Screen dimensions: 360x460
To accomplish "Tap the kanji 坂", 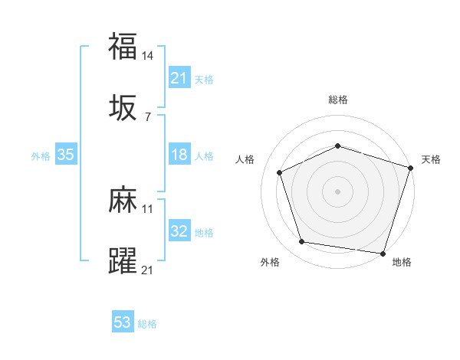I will [x=123, y=108].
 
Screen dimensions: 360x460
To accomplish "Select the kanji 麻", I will [x=123, y=201].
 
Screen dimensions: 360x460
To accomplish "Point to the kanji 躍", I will [x=123, y=261].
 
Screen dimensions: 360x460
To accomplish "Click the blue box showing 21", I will [x=179, y=77].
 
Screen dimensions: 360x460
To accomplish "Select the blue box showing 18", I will [x=179, y=155].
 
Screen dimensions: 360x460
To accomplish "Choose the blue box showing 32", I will [x=179, y=231].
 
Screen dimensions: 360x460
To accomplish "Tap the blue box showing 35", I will [x=66, y=155].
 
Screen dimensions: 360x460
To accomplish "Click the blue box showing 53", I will [x=123, y=322].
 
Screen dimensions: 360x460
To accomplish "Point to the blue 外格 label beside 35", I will [x=41, y=155].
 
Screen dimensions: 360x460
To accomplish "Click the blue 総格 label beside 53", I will [x=147, y=323].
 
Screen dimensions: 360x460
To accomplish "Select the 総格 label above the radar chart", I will [x=337, y=100].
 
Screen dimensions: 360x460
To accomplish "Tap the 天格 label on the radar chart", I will [x=431, y=159].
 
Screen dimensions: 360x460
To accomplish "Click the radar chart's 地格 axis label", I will [x=402, y=262].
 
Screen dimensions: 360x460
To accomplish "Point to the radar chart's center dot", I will [x=337, y=191].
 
